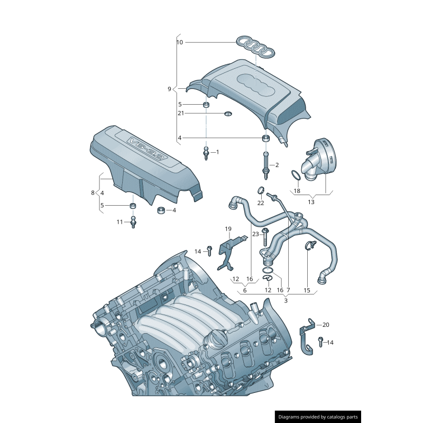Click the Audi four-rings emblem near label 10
click(255, 47)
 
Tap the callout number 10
click(180, 42)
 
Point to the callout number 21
click(180, 113)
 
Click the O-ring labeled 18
click(296, 176)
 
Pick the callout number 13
click(311, 201)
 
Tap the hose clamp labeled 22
click(261, 190)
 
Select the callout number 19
click(228, 229)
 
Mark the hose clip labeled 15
click(309, 245)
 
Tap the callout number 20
click(326, 325)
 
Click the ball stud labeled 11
click(134, 222)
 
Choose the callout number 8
click(93, 193)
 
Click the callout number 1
click(217, 152)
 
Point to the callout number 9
click(169, 89)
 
